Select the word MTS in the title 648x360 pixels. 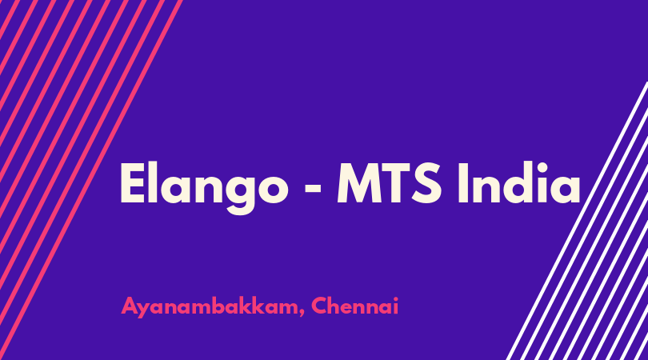click(390, 183)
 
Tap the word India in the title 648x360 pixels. click(519, 182)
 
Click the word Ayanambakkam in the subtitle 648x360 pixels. click(210, 306)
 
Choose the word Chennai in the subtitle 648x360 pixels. click(354, 306)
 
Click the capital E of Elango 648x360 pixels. click(133, 183)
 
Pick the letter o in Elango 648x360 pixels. click(274, 190)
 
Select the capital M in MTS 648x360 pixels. click(358, 183)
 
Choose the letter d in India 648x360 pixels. click(514, 183)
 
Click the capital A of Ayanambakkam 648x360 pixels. click(130, 306)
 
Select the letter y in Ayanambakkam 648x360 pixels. click(144, 310)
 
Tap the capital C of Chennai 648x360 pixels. click(319, 306)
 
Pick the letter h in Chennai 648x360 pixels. click(335, 306)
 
